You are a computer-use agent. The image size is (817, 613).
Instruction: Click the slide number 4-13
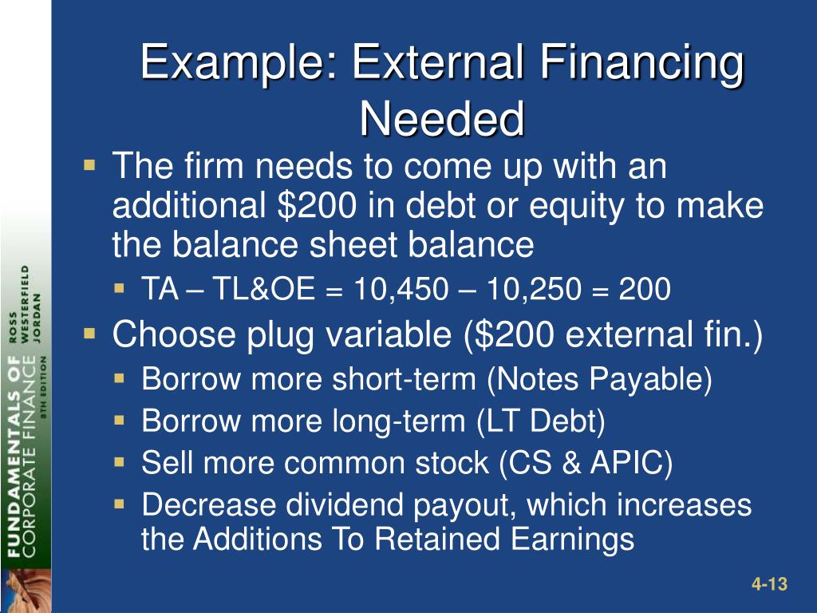[x=769, y=585]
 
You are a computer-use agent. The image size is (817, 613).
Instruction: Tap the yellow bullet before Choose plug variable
[x=89, y=332]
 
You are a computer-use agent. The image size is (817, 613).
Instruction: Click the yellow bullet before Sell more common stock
[x=119, y=461]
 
